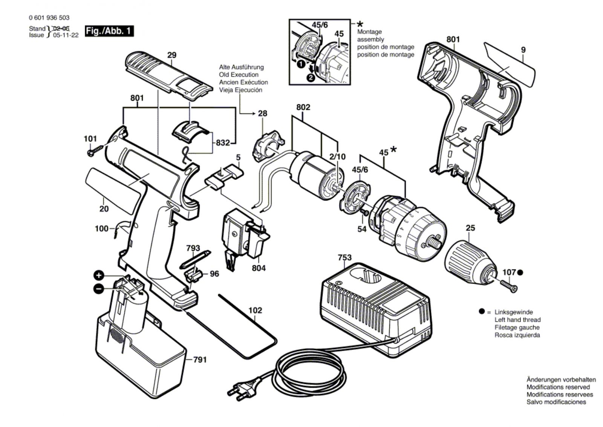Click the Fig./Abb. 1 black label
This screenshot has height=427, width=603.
(109, 31)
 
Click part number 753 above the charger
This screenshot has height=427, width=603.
(344, 257)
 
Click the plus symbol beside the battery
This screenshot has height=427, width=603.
(99, 275)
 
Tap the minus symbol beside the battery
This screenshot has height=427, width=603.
(98, 289)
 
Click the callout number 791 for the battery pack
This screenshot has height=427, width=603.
(200, 360)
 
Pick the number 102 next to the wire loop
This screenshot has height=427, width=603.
(255, 311)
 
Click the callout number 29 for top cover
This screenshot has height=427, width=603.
(171, 55)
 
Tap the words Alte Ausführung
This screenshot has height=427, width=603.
(241, 67)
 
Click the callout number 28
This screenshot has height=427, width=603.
(262, 113)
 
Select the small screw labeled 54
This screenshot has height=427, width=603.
(364, 213)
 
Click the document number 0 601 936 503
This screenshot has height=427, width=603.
(49, 18)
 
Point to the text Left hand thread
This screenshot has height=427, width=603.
(517, 320)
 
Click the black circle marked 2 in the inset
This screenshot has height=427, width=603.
(311, 78)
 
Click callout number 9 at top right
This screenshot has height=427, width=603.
(523, 49)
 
